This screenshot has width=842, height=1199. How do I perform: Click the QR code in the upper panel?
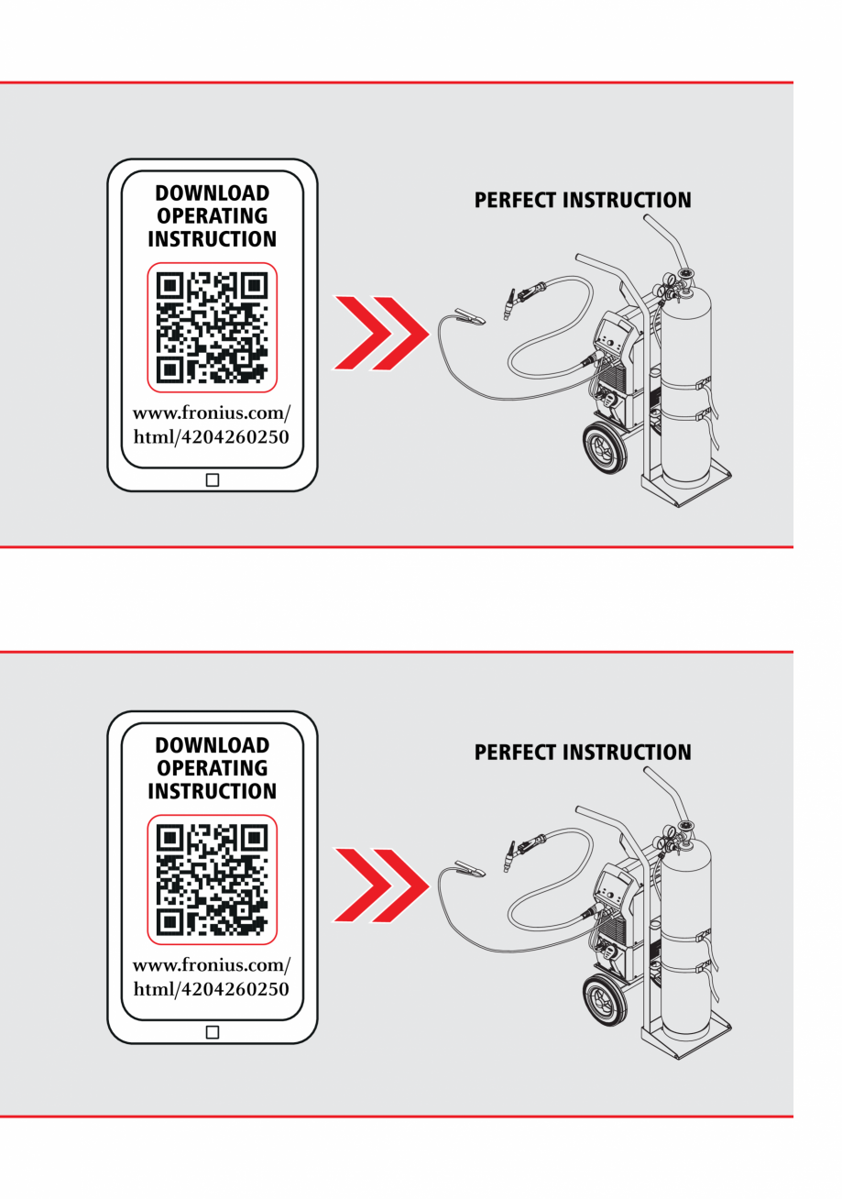212,327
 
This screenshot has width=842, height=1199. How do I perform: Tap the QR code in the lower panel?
212,879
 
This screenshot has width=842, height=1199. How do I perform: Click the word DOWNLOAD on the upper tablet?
212,193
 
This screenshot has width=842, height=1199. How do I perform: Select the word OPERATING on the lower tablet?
212,768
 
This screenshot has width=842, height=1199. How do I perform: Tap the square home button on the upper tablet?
213,479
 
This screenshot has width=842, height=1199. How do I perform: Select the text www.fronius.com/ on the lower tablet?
212,965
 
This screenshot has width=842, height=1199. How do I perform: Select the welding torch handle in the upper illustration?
527,296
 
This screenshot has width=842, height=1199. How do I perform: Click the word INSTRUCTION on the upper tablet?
212,239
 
